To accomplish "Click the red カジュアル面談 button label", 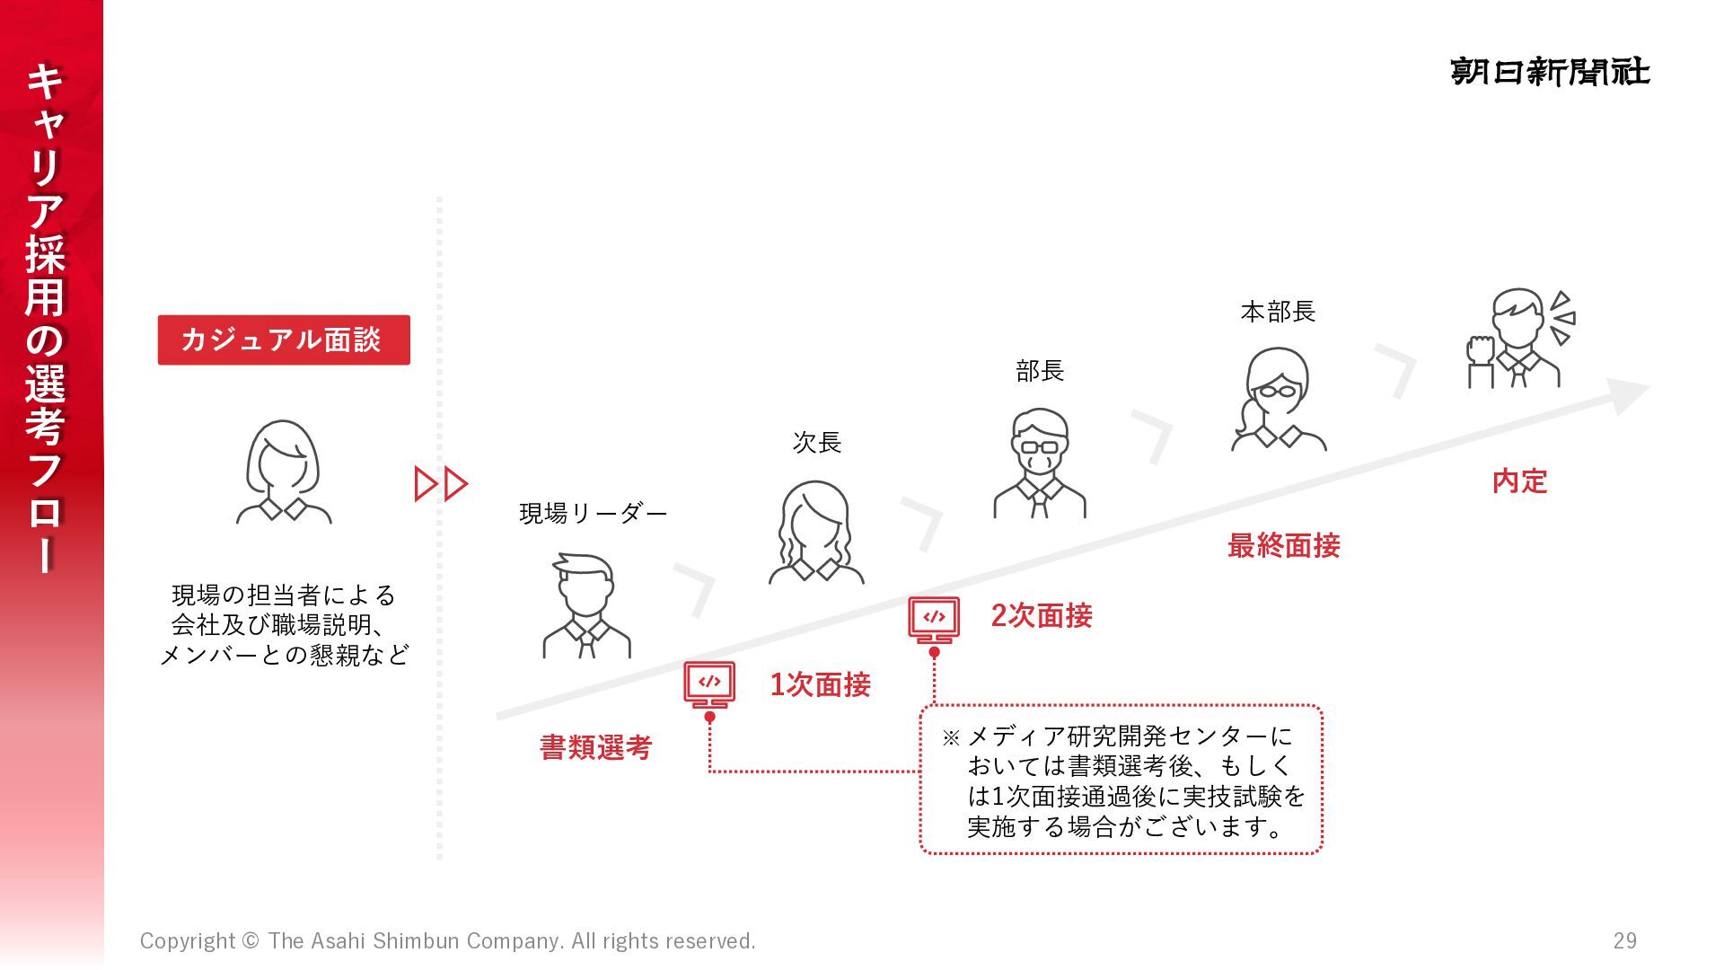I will (x=283, y=339).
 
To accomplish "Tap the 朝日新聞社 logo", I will (x=1550, y=71).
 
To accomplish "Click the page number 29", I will (x=1624, y=940).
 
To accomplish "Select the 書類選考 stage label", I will (x=595, y=747).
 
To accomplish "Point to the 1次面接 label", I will (x=820, y=684).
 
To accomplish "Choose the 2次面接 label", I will (x=1041, y=615).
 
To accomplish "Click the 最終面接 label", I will (x=1283, y=545).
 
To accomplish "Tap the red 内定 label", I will (x=1519, y=481).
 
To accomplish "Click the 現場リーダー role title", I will (x=593, y=513).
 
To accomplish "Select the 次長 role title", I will (x=816, y=442).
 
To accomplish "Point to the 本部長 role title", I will (x=1278, y=312).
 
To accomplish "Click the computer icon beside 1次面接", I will (x=709, y=684).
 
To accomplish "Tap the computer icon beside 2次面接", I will (x=934, y=619).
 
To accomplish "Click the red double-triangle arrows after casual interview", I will (x=440, y=483).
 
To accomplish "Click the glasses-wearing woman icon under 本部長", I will (x=1278, y=399).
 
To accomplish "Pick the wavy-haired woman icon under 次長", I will (x=816, y=533).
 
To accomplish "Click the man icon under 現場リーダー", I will (x=586, y=606).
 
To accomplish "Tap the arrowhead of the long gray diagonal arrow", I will (x=1628, y=393).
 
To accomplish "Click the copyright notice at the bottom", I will (x=447, y=940).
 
